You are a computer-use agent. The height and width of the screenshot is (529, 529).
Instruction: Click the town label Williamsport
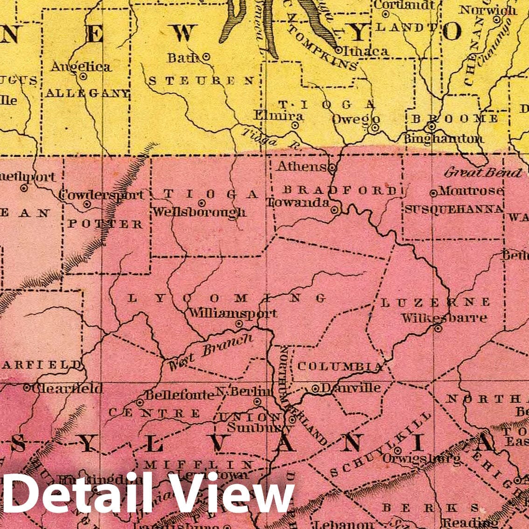coord(233,313)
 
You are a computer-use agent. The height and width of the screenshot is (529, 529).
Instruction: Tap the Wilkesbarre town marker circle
coord(438,328)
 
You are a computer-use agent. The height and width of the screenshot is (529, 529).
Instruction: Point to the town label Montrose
coord(471,191)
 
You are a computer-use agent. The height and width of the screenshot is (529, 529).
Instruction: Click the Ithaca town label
coord(368,51)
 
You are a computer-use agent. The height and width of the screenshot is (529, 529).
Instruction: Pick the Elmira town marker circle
coord(295,125)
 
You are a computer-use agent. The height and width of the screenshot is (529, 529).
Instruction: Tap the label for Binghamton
coord(443,138)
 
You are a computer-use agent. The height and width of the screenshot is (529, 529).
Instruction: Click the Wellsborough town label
coord(199,212)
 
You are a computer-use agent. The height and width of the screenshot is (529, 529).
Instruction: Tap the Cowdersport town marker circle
coord(87,204)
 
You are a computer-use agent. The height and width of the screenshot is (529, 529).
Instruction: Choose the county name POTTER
coord(105,224)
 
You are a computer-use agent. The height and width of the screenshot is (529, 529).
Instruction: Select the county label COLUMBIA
coord(339,366)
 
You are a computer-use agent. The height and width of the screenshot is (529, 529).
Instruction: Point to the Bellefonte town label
coord(179,395)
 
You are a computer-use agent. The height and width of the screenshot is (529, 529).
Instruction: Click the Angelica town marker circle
coord(83,76)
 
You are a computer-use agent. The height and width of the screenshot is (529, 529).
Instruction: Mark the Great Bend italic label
coord(482,173)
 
